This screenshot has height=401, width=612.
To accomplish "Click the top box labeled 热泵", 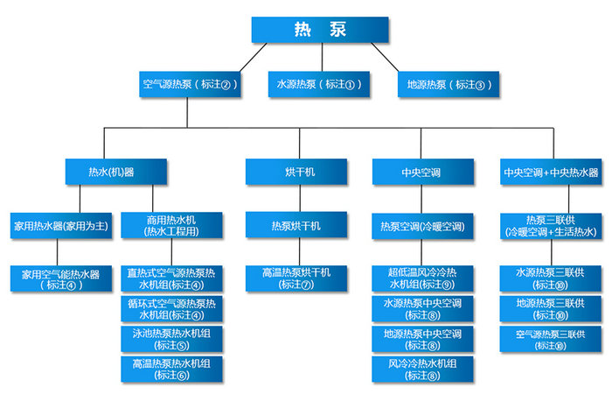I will [321, 30].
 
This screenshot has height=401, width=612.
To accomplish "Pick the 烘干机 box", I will [296, 172].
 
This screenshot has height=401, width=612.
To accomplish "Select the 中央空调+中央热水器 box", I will [552, 172].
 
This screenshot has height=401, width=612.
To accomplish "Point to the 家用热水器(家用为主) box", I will [60, 226].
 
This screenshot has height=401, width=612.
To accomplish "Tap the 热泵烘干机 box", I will [296, 226].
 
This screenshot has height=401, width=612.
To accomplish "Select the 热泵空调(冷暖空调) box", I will [421, 226].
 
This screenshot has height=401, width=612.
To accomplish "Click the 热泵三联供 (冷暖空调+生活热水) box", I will [552, 226].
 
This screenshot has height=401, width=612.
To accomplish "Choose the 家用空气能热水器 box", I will [60, 279].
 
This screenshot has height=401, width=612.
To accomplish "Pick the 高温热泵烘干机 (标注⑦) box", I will [296, 279].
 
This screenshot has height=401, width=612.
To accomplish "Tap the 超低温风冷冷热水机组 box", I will [421, 279].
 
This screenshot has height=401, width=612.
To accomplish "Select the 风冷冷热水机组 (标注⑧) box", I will [421, 368].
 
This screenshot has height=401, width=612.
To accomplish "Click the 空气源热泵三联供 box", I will [552, 339].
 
